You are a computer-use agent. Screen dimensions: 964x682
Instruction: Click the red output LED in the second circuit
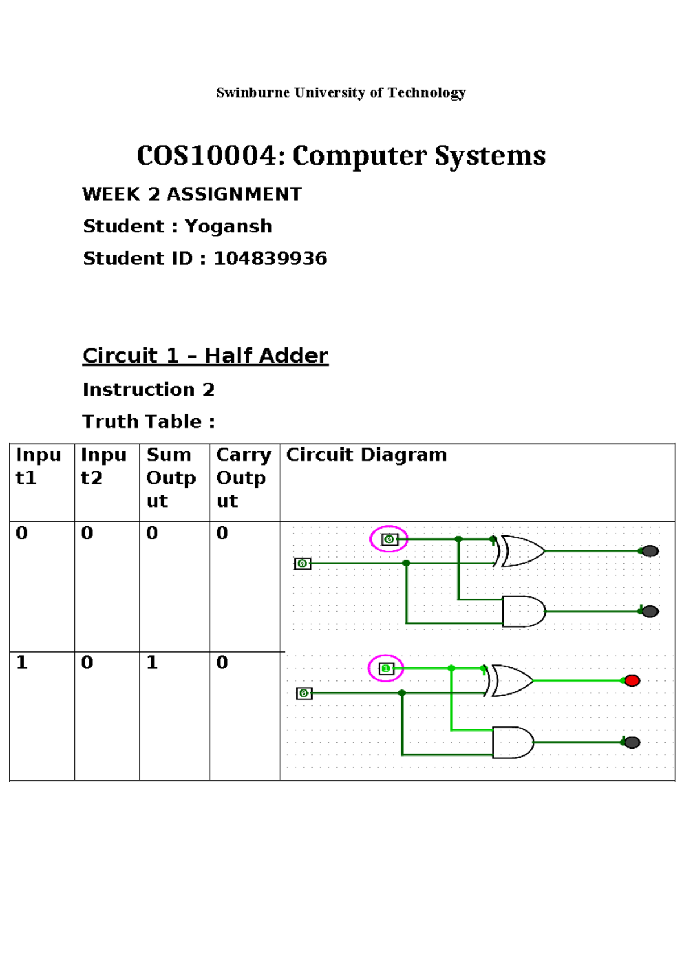(x=632, y=680)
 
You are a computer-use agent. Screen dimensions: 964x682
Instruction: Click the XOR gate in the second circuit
(x=511, y=680)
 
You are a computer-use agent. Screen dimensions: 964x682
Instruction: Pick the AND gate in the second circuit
(x=512, y=742)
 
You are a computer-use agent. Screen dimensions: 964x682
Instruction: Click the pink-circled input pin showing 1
(x=386, y=668)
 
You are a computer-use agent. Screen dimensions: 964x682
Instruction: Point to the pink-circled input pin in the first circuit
(x=389, y=539)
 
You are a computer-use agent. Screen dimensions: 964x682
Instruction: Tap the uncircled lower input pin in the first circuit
(x=303, y=563)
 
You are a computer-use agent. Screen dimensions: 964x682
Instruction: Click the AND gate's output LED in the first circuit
(x=650, y=612)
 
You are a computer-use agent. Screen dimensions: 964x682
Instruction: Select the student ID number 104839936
(x=270, y=259)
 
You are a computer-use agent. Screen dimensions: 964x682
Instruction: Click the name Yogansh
(x=228, y=226)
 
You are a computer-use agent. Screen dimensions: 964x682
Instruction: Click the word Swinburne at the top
(x=252, y=93)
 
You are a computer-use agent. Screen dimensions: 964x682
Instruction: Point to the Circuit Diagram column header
(x=366, y=455)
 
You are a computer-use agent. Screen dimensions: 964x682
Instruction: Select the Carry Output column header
(x=243, y=477)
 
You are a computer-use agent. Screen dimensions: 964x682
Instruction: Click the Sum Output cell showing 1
(x=152, y=663)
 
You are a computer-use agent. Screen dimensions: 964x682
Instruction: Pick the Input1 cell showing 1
(x=22, y=663)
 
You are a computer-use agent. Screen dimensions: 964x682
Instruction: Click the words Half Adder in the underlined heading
(x=266, y=356)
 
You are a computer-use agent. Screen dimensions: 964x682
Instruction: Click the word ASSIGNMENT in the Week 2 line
(x=234, y=194)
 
